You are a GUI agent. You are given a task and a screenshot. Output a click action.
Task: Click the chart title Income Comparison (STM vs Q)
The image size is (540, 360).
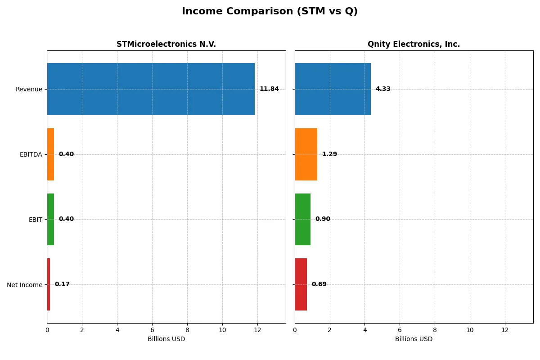270,11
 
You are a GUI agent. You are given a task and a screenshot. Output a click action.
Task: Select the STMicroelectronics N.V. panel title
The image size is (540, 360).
166,44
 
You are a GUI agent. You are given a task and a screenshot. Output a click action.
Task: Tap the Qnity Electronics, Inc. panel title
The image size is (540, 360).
414,44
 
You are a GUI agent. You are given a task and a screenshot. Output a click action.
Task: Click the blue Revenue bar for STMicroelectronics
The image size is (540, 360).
151,89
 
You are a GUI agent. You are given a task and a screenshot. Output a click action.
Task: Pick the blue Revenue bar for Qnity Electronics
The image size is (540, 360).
333,89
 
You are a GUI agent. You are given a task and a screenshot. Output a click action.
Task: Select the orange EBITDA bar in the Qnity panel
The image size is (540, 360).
306,154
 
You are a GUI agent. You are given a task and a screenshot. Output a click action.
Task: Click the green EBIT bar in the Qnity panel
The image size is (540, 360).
302,219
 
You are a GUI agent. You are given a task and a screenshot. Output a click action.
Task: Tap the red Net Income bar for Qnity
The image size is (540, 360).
301,284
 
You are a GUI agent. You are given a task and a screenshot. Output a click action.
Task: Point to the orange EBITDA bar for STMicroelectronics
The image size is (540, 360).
50,154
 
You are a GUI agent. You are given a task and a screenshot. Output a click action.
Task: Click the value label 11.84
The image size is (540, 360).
269,89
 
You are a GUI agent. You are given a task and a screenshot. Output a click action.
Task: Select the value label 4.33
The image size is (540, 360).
383,89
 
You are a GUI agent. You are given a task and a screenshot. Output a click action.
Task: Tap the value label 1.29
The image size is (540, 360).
329,154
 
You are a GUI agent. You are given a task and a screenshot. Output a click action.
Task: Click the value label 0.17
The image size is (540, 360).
62,284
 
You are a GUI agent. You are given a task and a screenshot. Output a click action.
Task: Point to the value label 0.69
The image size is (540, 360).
319,284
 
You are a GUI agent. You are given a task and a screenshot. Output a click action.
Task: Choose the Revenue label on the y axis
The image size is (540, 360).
29,89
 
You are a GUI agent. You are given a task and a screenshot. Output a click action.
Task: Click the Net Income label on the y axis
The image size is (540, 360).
24,285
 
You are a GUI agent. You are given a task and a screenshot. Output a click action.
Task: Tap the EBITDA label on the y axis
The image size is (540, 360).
31,154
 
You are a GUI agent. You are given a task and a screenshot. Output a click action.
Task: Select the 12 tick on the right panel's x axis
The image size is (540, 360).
505,330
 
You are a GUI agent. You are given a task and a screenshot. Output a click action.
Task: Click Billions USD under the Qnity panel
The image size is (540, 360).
414,339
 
